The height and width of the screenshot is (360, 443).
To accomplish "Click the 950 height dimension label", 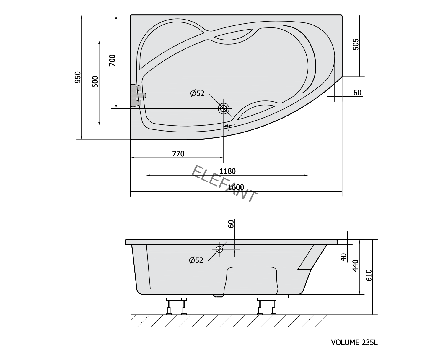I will pos(77,77).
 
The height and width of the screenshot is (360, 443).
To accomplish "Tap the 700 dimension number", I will pos(112,60).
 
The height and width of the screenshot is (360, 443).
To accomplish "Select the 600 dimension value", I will pos(95,82).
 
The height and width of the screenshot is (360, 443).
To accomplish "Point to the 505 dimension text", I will pos(356,44).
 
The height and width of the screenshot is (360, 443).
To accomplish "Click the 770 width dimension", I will pos(178,154).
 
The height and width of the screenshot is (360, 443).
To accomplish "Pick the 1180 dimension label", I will pos(228,171).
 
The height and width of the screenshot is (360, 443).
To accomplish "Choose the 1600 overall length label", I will pos(236,187).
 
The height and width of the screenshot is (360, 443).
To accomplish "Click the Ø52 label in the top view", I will pos(197,93).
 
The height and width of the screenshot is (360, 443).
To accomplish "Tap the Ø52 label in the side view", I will pos(196,260).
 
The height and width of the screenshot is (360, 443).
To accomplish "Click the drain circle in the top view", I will pos(224,109).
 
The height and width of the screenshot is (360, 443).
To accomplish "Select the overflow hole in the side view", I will pos(219,249).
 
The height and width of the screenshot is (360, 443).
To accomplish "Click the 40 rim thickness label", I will pos(343,257).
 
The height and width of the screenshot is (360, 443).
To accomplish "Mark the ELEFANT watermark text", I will pos(224,183).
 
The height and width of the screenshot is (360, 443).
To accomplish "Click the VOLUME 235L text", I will pos(354,343).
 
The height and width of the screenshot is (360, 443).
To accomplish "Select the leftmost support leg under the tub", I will pos(169,307).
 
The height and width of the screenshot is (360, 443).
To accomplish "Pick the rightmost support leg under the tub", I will pos(273,307).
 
